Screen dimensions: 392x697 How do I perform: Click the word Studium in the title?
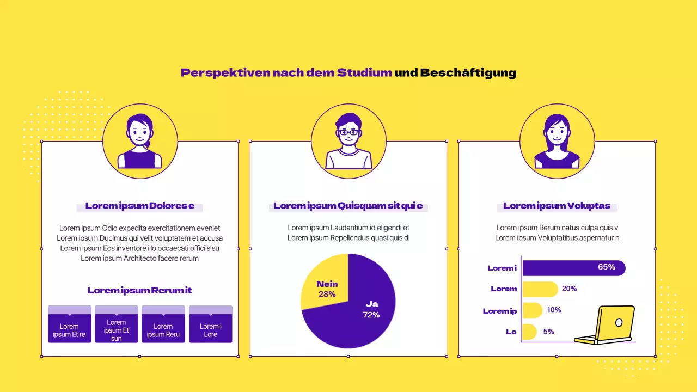pos(364,72)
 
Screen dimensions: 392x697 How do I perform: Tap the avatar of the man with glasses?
pos(348,141)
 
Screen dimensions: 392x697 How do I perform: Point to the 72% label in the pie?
pos(371,315)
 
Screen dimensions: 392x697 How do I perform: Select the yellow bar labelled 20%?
pos(540,289)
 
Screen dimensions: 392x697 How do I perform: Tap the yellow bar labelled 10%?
pos(532,310)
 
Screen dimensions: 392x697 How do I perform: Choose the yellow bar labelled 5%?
pos(529,332)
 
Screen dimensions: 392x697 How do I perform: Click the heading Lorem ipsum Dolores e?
pos(140,206)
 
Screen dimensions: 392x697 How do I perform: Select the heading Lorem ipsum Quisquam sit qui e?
pos(348,206)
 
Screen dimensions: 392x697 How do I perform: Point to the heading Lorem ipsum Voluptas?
pos(557,206)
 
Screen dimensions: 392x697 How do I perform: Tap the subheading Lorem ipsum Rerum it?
pos(139,290)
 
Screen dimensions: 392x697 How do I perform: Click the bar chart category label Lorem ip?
pos(500,311)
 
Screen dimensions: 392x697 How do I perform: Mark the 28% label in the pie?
pos(327,294)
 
